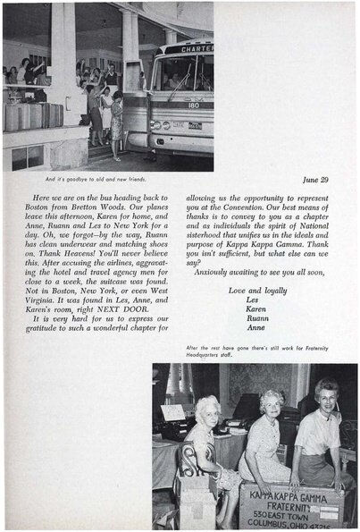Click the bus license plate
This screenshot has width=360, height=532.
[193, 125]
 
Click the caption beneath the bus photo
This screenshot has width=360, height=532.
[82, 179]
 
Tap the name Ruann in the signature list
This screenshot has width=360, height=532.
[257, 316]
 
